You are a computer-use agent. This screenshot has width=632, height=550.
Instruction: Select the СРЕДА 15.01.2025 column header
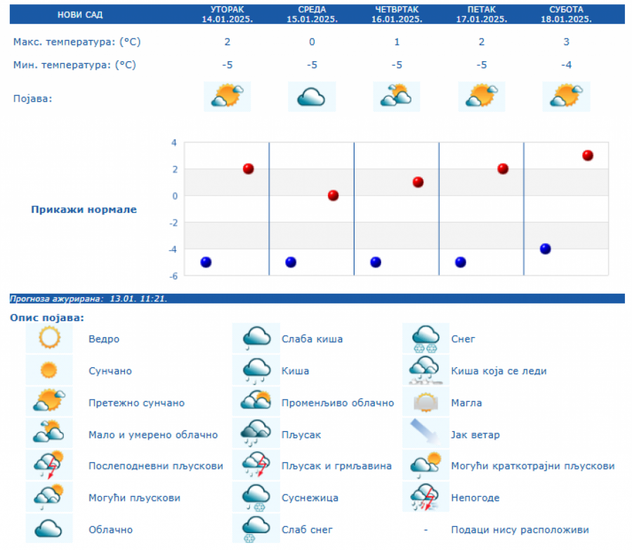pos(312,14)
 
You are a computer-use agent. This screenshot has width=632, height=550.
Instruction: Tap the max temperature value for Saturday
pos(566,42)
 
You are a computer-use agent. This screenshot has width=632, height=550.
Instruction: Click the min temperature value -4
pos(566,65)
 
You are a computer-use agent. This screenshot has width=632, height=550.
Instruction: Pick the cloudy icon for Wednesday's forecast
pos(312,97)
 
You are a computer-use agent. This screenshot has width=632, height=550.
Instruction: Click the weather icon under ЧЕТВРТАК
pos(397,97)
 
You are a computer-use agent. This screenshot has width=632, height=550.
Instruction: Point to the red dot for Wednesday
pos(333,195)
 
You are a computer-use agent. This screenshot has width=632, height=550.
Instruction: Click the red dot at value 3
pos(588,155)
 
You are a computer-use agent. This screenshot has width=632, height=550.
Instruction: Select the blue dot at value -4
pos(545,249)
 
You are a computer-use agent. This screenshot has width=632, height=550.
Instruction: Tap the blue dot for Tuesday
pos(206,262)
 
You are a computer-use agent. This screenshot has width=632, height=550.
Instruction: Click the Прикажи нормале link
pos(84,209)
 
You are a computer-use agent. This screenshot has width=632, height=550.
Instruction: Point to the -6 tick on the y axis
pos(173,276)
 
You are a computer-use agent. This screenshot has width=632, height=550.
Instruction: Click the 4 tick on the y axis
pos(174,143)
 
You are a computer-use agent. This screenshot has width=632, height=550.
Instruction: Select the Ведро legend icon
pos(50,339)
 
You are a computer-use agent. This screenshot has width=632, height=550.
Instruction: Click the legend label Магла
pos(466,403)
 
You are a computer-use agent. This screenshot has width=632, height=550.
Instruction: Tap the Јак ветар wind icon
pos(426,434)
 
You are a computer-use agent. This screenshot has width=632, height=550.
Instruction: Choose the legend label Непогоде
pos(475,498)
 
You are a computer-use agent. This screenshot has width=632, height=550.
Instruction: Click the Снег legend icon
pos(426,339)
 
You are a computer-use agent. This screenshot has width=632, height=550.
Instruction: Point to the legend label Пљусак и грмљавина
pos(336,466)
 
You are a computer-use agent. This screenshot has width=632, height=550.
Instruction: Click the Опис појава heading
pos(47,317)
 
